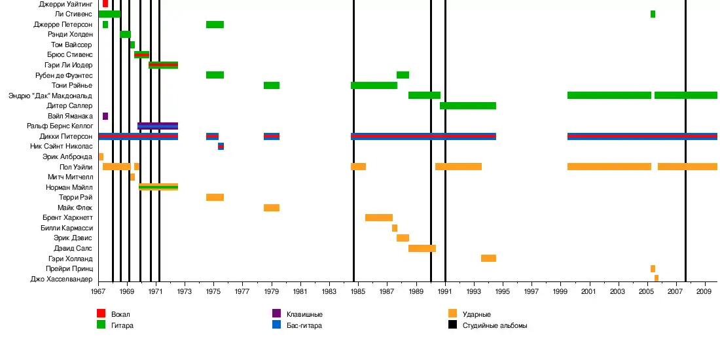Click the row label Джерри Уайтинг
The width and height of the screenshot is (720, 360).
tap(65, 4)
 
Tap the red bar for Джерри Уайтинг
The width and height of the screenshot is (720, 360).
tap(105, 4)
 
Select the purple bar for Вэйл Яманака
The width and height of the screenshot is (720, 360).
tap(105, 116)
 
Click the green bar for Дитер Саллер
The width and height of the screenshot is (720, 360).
tap(468, 105)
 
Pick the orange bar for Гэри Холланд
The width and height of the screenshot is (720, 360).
tap(488, 259)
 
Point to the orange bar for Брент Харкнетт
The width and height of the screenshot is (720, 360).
tap(379, 217)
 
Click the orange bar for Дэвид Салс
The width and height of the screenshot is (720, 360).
tap(422, 248)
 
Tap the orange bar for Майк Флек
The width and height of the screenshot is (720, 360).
tap(272, 207)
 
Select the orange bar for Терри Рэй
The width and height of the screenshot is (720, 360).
tap(215, 197)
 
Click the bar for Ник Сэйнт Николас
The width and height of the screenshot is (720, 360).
tap(221, 146)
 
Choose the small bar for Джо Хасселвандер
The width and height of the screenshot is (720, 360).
tap(657, 278)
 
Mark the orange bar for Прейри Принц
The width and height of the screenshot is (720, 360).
tap(653, 268)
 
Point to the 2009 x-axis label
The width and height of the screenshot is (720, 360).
tap(704, 291)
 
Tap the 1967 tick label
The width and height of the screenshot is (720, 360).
tap(99, 291)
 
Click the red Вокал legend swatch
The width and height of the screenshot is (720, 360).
tap(101, 314)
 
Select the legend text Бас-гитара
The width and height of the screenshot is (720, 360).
tap(304, 325)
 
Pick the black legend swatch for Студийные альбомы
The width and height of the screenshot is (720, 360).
tap(453, 325)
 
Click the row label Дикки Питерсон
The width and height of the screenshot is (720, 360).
tap(65, 136)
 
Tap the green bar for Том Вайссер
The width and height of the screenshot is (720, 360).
tap(132, 45)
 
